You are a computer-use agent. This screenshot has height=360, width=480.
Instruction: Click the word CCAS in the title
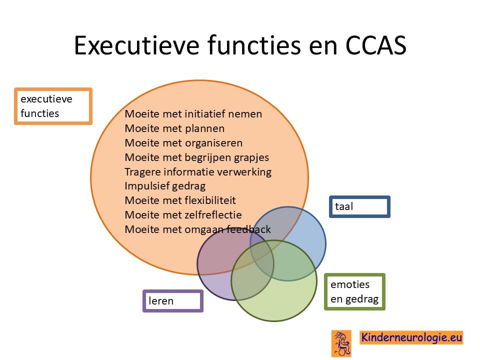[x=375, y=45]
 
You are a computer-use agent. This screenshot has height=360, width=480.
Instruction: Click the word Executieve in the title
[x=137, y=45]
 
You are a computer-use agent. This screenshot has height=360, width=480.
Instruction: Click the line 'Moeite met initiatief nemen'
[x=193, y=114]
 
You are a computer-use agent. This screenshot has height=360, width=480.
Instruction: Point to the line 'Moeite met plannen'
[x=174, y=128]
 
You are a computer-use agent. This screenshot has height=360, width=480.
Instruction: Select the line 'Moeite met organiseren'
[x=183, y=143]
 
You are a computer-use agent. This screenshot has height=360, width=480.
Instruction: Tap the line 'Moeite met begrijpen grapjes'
[x=197, y=157]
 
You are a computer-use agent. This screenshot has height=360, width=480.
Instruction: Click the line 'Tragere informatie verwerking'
[x=198, y=171]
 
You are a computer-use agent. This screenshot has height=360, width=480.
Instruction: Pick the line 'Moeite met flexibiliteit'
[x=180, y=200]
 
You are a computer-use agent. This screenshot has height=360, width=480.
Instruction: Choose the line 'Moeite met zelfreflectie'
[x=183, y=215]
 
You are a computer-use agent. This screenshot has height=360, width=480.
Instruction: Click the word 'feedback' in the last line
[x=248, y=229]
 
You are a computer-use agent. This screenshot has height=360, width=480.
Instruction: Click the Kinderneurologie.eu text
[x=411, y=337]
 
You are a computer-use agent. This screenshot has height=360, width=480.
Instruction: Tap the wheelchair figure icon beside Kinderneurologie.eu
[x=341, y=343]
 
